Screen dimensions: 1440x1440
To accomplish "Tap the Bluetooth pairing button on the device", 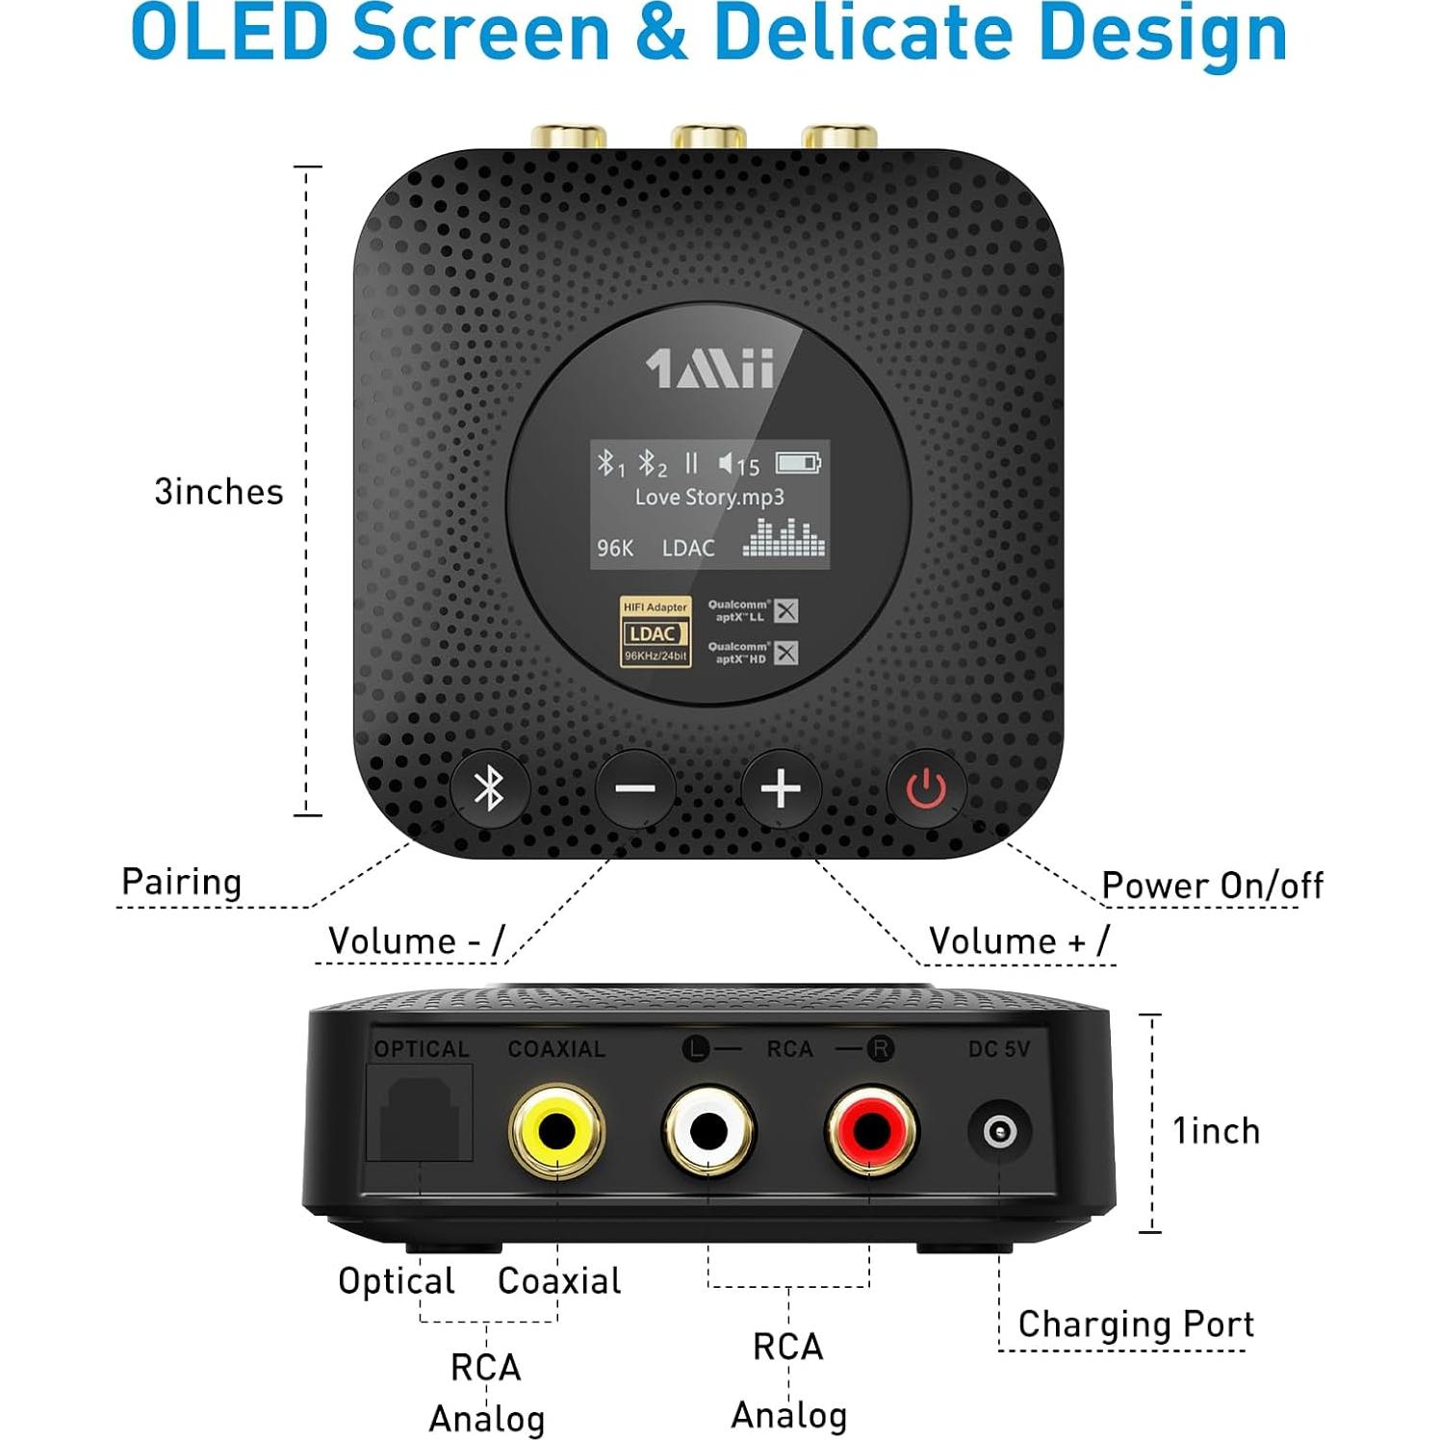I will (489, 788).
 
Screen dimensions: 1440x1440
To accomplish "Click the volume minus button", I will (635, 789).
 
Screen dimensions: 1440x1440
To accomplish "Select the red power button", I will (926, 789).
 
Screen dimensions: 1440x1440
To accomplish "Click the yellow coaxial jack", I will (556, 1131).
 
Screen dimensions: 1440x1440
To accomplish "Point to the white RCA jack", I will (708, 1131).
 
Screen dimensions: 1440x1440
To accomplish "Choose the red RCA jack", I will (871, 1131).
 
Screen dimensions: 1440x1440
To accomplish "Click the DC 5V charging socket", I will (1000, 1131).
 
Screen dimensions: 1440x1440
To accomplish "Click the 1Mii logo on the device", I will (710, 369).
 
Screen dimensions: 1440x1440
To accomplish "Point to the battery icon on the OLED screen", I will (798, 463).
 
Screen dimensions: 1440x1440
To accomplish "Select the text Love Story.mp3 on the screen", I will (709, 498).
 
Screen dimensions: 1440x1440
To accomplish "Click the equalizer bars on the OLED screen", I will (784, 538).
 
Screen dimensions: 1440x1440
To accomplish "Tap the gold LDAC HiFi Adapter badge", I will (655, 631).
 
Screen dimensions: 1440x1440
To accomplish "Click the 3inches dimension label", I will (219, 492).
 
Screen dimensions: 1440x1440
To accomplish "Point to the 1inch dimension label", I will (1216, 1131).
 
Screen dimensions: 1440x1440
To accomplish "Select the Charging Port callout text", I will (1136, 1324).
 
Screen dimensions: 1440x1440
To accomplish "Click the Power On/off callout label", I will (1212, 886).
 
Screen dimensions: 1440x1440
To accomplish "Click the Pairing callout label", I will (181, 882).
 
